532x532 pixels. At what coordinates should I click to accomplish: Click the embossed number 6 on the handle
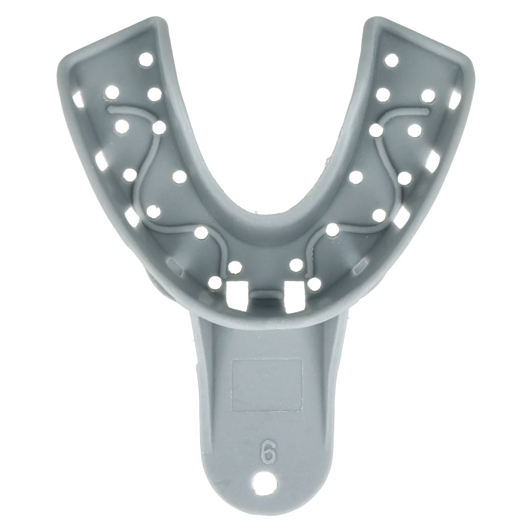point(268,451)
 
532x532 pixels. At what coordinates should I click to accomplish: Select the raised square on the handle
point(267,385)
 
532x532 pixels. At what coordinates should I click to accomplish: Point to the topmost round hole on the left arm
point(146,60)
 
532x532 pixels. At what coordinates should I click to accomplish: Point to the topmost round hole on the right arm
point(391,61)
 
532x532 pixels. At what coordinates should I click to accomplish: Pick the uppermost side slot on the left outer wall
point(78,99)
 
